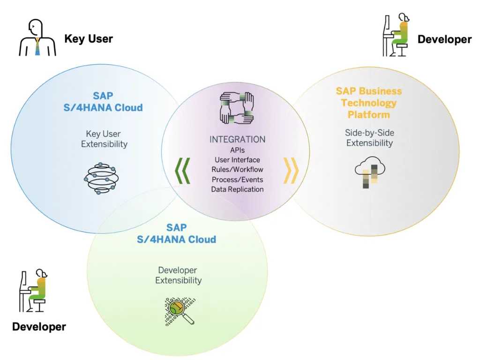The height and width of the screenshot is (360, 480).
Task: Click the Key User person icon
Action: click(37, 37)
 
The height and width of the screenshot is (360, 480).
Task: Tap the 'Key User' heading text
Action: click(89, 39)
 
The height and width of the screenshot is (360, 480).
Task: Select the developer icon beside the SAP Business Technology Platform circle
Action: click(396, 35)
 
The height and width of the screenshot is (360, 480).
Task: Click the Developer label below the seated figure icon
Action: click(39, 327)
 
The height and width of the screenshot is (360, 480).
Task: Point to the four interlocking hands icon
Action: click(237, 108)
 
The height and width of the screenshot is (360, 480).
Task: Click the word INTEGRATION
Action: click(237, 140)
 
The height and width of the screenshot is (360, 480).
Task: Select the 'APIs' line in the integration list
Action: click(237, 150)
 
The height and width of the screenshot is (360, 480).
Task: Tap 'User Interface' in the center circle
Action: click(237, 160)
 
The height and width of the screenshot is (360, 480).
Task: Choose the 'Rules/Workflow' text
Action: click(237, 170)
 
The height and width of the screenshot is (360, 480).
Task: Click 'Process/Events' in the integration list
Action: click(237, 180)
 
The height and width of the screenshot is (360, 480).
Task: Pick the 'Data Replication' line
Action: click(237, 189)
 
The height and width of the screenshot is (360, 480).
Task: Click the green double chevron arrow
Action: click(182, 171)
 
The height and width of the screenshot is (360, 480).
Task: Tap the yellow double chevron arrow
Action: click(291, 171)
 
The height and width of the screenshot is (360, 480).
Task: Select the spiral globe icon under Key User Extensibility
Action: click(101, 179)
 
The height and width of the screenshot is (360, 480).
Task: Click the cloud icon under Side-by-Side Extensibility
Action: click(370, 172)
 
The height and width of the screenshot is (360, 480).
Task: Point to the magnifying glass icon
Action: click(180, 311)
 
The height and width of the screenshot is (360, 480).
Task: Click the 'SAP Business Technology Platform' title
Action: click(369, 103)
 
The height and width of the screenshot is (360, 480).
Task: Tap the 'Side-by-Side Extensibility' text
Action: click(369, 138)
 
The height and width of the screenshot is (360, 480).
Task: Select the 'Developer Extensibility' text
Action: click(178, 275)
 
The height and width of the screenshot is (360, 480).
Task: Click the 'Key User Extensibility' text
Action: click(104, 139)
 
